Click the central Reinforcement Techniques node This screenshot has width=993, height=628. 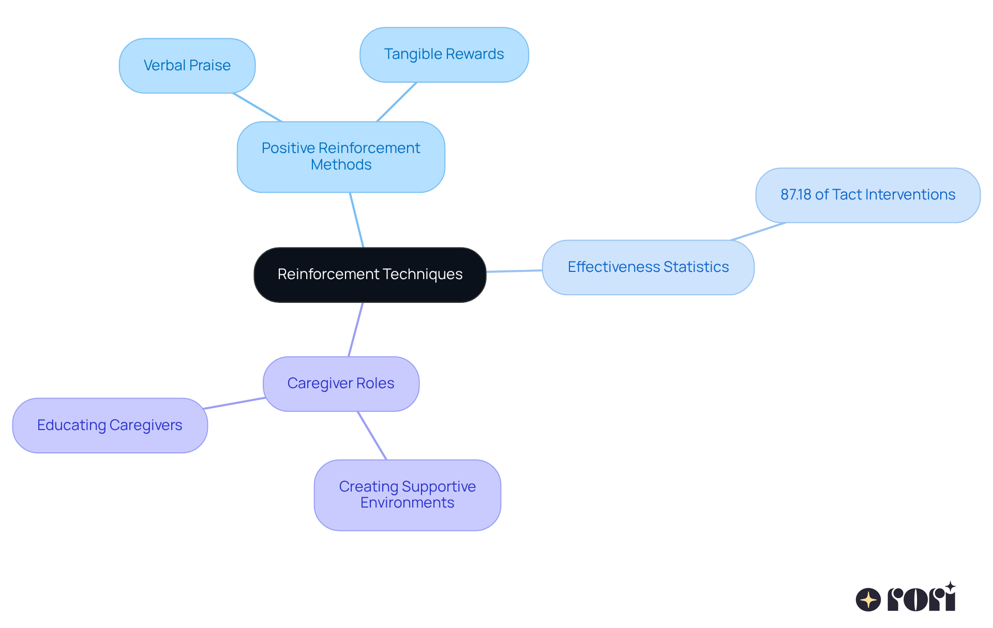(x=370, y=274)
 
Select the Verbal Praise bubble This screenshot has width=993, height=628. (x=187, y=66)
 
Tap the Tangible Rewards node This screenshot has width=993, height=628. (x=444, y=54)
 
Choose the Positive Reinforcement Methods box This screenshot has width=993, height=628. (x=341, y=157)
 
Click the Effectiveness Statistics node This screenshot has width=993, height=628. (x=648, y=267)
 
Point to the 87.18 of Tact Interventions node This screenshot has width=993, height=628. (x=867, y=195)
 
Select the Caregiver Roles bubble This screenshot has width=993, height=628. (x=341, y=384)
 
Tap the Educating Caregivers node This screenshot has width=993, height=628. (x=110, y=425)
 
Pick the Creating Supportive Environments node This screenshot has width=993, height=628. (x=407, y=495)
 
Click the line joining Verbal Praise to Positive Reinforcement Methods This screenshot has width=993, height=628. (x=258, y=108)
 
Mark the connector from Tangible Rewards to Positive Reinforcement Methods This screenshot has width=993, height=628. (x=397, y=102)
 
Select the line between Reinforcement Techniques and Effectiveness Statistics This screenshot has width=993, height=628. (x=514, y=271)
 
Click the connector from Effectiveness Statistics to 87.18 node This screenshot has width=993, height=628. (x=758, y=232)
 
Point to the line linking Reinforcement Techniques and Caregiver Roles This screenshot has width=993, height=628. (x=356, y=329)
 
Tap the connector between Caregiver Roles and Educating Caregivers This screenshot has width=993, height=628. (x=234, y=403)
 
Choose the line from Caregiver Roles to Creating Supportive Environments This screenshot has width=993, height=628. (x=372, y=435)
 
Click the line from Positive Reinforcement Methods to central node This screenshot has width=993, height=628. (x=357, y=220)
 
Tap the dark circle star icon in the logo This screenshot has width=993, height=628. (x=868, y=600)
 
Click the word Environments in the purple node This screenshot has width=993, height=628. (x=407, y=503)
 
